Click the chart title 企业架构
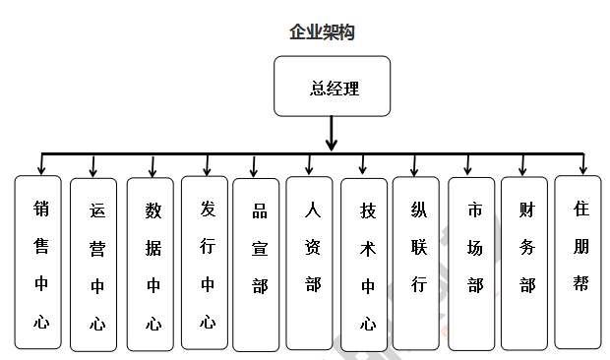pos(322,32)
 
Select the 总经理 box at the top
pos(332,88)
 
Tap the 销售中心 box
pos(38,262)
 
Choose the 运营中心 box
pos(94,265)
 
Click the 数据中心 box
pos(151,265)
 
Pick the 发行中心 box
pos(206,263)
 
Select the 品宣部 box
pos(257,265)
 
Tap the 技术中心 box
pos(365,265)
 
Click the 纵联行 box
pos(416,263)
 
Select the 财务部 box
pos(525,263)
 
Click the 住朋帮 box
pos(579,262)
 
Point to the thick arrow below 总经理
pos(332,134)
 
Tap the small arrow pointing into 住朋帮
pos(582,164)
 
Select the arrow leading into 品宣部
pos(255,166)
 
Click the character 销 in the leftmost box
pos(41,209)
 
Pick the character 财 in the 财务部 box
pos(526,209)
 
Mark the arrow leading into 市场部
pos(469,166)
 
